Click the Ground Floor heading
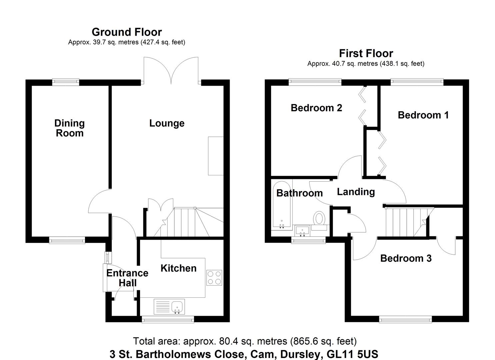tap(127, 32)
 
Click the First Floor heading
tap(366, 53)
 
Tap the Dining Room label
tap(69, 128)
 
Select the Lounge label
tap(167, 123)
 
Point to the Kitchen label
tap(178, 268)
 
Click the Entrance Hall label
tap(127, 278)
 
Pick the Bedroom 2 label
tap(316, 108)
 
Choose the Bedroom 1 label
tap(423, 115)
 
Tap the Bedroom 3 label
tap(406, 258)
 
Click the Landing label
tap(356, 192)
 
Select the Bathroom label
tap(299, 193)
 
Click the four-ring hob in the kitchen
tap(214, 278)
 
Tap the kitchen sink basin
tap(177, 306)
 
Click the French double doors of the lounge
tap(171, 71)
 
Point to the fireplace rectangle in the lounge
tap(215, 156)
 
